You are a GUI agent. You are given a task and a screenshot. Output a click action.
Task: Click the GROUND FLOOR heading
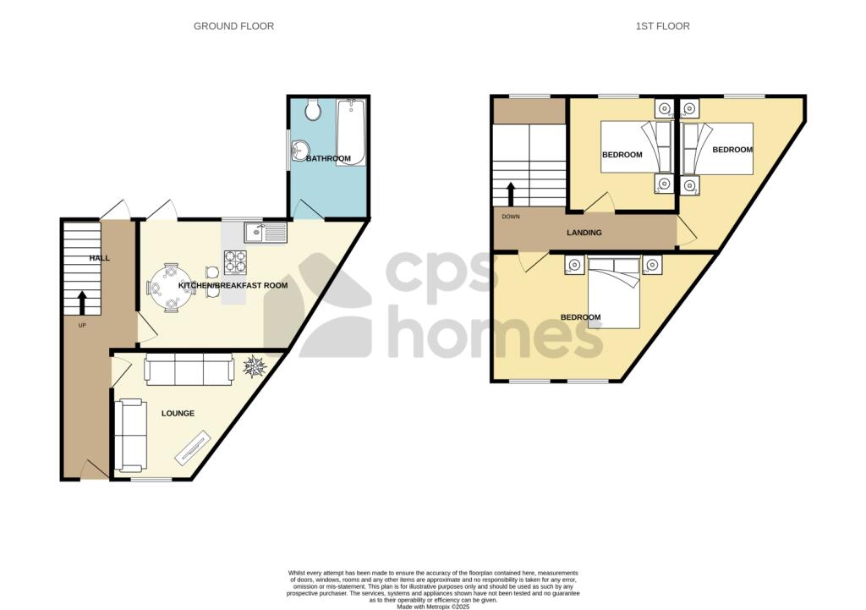(233, 26)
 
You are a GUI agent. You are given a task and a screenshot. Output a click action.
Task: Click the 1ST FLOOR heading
(662, 26)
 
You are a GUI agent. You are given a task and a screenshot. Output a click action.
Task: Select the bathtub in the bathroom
(351, 133)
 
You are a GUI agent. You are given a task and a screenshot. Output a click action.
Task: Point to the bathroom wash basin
(297, 152)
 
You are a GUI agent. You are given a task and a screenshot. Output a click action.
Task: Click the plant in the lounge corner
(255, 366)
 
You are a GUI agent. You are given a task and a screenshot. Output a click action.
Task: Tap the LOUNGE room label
(178, 414)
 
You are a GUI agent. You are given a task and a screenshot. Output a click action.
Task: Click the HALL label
(100, 258)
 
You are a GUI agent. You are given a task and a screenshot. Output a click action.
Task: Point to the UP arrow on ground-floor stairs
(82, 302)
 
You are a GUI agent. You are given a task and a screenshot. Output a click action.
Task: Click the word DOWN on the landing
(511, 217)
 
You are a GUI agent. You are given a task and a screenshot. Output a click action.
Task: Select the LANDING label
(584, 233)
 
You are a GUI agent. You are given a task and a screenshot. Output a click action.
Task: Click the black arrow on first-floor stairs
(510, 193)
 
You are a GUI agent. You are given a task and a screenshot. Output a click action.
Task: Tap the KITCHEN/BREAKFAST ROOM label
(233, 286)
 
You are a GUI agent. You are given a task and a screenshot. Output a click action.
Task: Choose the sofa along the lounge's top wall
(189, 370)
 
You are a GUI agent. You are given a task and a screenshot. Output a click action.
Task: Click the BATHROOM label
(328, 158)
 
